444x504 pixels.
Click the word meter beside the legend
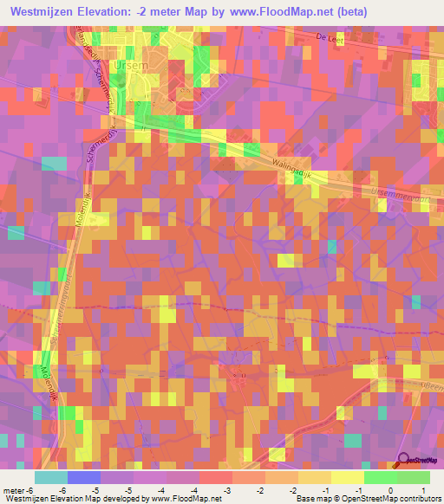[x=16, y=490]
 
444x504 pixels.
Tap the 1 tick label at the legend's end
[x=414, y=490]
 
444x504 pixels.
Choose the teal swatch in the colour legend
[x=51, y=477]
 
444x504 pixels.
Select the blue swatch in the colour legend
[x=84, y=477]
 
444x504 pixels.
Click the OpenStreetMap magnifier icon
[x=403, y=459]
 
